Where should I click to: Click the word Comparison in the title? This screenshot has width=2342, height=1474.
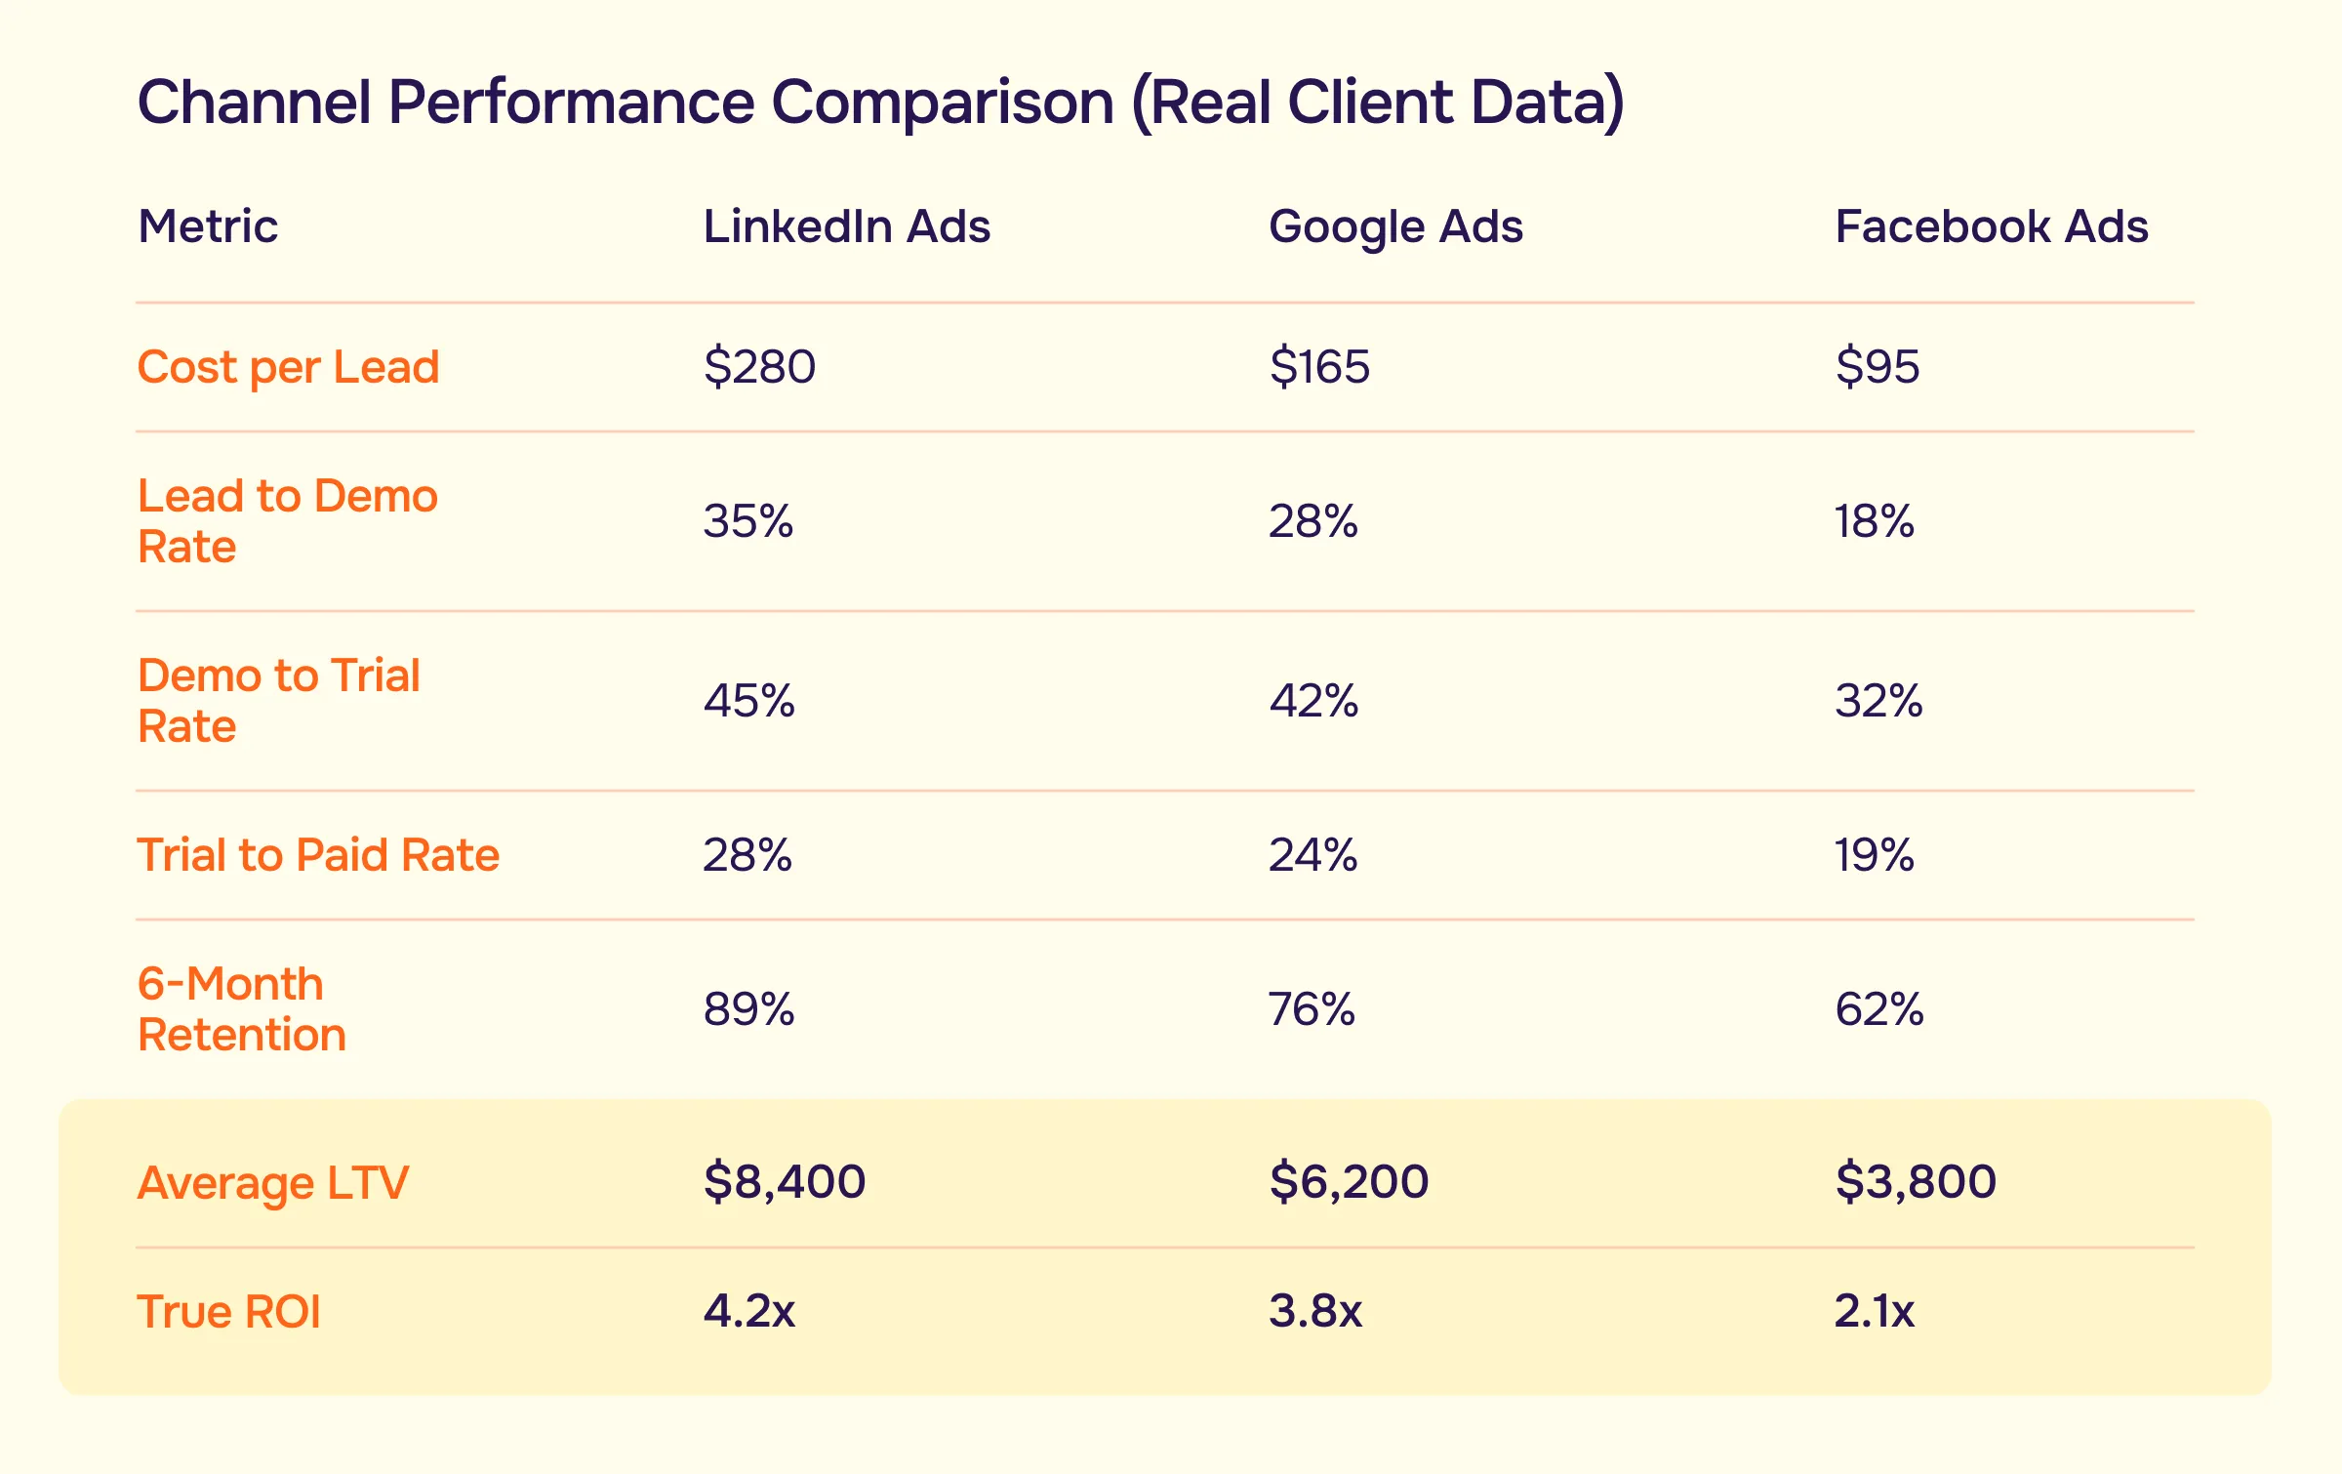point(942,102)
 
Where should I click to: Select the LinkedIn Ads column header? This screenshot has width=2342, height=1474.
point(846,226)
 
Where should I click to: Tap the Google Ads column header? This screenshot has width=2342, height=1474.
point(1395,227)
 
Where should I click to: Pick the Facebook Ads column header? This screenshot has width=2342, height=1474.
point(1991,226)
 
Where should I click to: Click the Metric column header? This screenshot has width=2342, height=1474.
point(208,226)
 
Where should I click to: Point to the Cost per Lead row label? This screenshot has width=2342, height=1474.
point(288,368)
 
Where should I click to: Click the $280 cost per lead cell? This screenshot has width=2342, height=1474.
point(759,367)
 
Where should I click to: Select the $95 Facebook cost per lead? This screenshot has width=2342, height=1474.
point(1877,367)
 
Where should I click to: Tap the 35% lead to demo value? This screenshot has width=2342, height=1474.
point(747,521)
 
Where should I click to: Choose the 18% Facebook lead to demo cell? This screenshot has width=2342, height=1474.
point(1874,521)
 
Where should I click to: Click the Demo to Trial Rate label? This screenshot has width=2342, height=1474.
point(278,700)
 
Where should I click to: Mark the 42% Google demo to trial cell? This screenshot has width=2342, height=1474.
point(1313,701)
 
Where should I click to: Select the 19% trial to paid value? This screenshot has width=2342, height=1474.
point(1874,855)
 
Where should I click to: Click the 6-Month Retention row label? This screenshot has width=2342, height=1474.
point(241,1008)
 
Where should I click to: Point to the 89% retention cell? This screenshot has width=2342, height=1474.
point(748,1009)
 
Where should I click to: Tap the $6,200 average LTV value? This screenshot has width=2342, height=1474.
point(1349,1181)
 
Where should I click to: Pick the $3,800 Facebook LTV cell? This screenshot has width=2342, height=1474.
point(1915,1181)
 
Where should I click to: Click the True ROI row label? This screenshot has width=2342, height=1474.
point(228,1311)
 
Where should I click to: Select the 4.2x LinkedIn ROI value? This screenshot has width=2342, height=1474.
point(748,1310)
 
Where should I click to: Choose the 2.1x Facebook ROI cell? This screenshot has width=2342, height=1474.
point(1874,1310)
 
